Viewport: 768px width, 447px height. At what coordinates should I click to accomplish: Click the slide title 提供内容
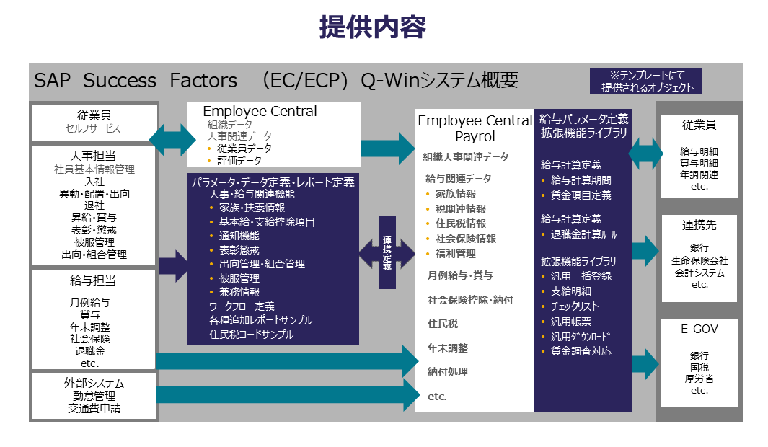click(x=372, y=27)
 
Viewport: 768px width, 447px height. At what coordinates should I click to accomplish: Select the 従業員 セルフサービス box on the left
click(x=94, y=123)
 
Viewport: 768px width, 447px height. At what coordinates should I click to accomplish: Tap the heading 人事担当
click(x=94, y=156)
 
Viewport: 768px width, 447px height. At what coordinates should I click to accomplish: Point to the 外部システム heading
click(x=94, y=383)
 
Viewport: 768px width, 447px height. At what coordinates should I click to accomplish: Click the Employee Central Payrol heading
click(x=475, y=128)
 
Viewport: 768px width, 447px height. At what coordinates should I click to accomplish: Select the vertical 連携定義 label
click(x=387, y=252)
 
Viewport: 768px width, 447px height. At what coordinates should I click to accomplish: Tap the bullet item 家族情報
click(x=455, y=194)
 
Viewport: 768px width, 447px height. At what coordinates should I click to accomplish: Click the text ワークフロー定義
click(x=242, y=306)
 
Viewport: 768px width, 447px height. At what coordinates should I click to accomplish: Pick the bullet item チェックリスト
click(x=575, y=306)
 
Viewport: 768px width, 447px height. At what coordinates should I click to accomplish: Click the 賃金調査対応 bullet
click(x=581, y=351)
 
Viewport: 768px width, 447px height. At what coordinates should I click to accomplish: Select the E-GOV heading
click(x=699, y=329)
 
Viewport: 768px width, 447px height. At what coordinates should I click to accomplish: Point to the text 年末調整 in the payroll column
click(x=448, y=348)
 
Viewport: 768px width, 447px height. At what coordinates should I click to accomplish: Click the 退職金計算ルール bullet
click(x=583, y=234)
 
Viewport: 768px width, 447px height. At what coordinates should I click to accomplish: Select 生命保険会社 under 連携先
click(x=699, y=260)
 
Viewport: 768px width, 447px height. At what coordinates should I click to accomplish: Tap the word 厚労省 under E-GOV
click(x=699, y=379)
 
